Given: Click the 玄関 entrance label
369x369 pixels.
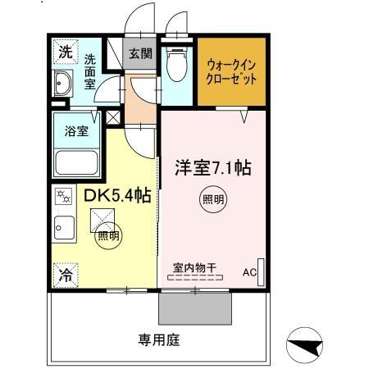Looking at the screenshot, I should tap(139, 54).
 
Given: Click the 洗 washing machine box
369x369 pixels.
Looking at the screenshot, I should tap(65, 52).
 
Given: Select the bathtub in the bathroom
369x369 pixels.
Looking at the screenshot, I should tap(76, 162).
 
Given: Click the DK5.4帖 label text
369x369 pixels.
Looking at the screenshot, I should tap(117, 198).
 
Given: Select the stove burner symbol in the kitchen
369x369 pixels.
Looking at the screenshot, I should tap(62, 196).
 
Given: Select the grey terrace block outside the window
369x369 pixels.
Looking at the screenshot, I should tap(194, 308).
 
